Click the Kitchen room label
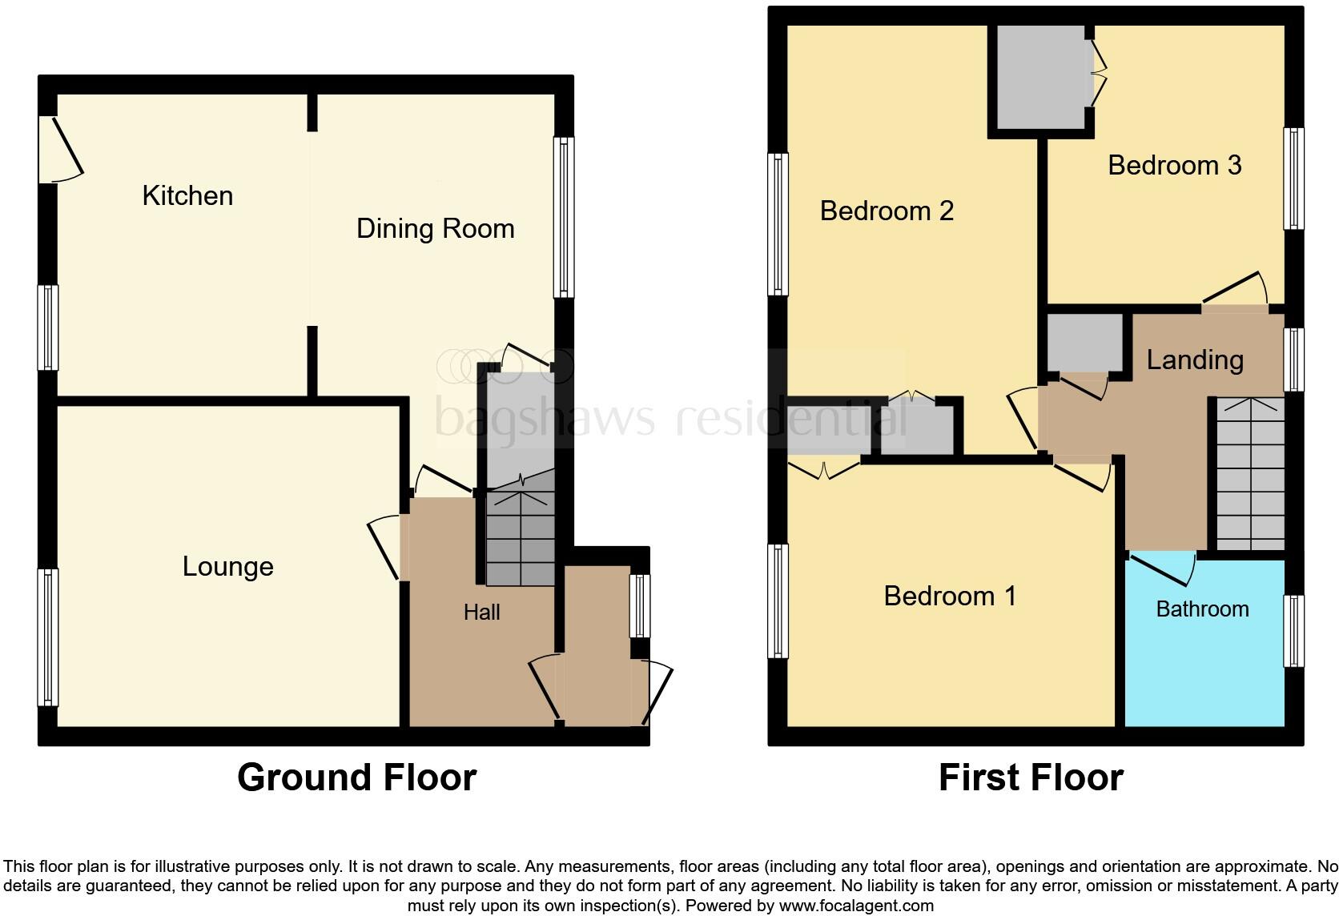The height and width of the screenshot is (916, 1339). (x=187, y=195)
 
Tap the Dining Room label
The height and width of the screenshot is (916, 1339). (x=435, y=229)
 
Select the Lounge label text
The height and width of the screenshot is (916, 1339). (x=227, y=567)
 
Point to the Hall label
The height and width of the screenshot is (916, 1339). (x=481, y=613)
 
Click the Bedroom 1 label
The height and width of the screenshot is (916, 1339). (x=950, y=597)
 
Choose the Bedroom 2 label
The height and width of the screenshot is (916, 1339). (x=887, y=211)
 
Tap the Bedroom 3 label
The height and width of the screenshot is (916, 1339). (x=1174, y=166)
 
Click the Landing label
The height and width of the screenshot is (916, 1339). (x=1195, y=360)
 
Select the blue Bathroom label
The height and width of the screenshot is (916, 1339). (x=1202, y=609)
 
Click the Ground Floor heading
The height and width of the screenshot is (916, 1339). (x=356, y=777)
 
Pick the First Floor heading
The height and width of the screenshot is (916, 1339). (x=1031, y=777)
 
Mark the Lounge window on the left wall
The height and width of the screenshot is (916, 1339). (x=49, y=637)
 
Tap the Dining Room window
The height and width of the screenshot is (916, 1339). (x=564, y=217)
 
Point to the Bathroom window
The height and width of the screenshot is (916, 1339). (x=1293, y=631)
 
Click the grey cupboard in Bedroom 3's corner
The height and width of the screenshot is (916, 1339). (x=1039, y=76)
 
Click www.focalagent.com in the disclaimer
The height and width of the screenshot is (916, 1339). (x=856, y=906)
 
